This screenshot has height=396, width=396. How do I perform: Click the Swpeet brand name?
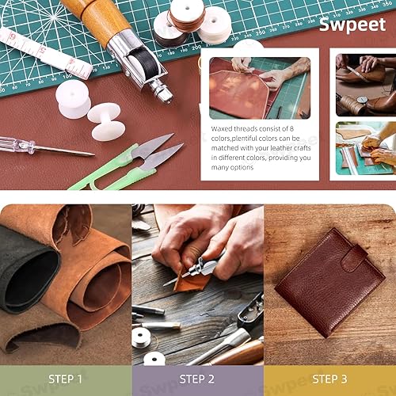coord(352,25)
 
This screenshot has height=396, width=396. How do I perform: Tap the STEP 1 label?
coord(65,379)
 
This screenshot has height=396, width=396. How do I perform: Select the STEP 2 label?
coord(196,379)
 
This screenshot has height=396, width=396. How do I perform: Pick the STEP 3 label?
coord(329,379)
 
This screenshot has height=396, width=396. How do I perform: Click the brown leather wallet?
coord(330,283)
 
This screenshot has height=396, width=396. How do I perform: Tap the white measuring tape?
coord(45,53)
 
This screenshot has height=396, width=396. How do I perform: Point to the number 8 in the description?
coord(291,128)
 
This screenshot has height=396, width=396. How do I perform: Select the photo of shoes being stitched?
coord(366,85)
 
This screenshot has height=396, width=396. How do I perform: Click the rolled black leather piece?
coord(29,272)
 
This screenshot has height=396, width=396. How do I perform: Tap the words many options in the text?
coord(232,168)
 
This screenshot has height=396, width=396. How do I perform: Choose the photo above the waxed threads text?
coord(260,88)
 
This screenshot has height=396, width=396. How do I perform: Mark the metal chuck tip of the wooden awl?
coord(161,91)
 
